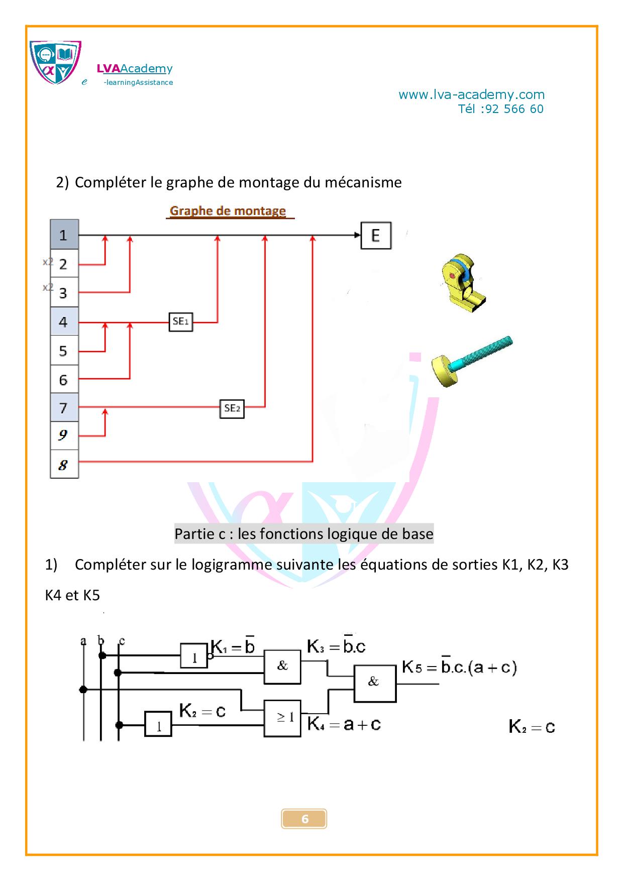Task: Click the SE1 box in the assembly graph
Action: point(180,321)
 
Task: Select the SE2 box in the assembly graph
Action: point(232,408)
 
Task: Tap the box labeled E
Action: point(376,236)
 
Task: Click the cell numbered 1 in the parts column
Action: point(64,235)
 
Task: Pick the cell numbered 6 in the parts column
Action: point(64,380)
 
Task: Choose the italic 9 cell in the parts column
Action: point(64,435)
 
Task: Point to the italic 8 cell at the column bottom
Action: point(64,465)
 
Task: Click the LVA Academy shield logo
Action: point(55,62)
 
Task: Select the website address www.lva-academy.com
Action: point(471,94)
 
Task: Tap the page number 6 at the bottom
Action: point(304,819)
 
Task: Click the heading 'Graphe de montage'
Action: point(228,211)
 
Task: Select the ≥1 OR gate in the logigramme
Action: point(282,718)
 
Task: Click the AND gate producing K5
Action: point(375,683)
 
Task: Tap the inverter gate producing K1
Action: point(194,656)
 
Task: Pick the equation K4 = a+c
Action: point(344,724)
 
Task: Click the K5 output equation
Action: point(459,668)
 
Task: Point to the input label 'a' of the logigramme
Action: point(83,641)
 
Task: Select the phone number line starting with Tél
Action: point(500,109)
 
